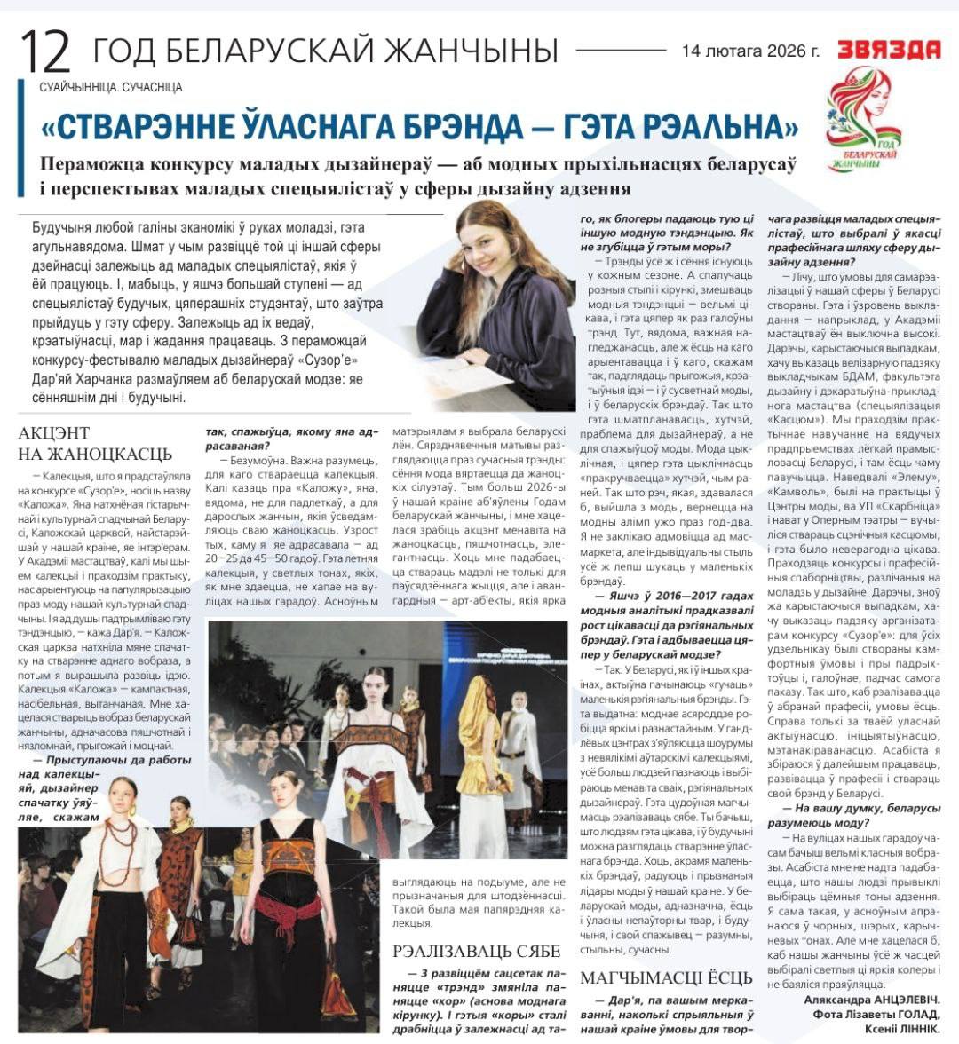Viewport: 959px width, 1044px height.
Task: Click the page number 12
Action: pos(44,51)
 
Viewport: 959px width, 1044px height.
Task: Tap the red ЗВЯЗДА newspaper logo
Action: pos(889,50)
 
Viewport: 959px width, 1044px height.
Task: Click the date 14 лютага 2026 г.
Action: pos(750,51)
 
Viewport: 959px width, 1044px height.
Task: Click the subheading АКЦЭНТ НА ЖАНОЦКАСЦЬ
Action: pos(95,443)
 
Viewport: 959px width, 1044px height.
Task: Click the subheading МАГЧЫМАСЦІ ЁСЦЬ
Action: pos(666,977)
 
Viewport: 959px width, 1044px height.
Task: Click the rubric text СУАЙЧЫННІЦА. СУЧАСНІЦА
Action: pos(111,87)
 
